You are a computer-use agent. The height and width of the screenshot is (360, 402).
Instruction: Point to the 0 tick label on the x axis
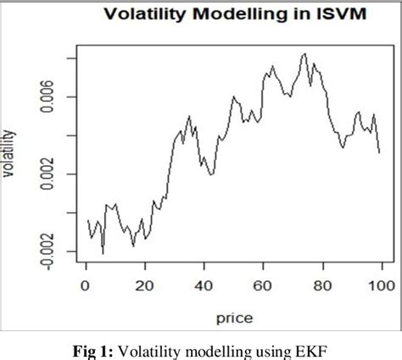click(86, 286)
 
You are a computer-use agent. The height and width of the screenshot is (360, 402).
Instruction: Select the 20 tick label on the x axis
click(145, 286)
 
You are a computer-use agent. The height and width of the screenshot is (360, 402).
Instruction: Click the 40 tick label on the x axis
click(204, 286)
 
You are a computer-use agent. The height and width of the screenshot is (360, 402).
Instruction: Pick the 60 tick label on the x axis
click(263, 286)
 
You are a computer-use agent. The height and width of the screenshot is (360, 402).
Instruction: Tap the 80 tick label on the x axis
click(321, 286)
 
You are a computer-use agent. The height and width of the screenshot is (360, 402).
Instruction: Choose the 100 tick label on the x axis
click(380, 286)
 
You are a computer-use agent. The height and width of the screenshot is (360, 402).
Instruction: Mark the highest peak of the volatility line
click(304, 54)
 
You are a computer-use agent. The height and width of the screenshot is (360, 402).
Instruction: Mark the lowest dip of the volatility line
click(103, 253)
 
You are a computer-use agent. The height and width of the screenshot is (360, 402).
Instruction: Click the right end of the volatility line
click(379, 152)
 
